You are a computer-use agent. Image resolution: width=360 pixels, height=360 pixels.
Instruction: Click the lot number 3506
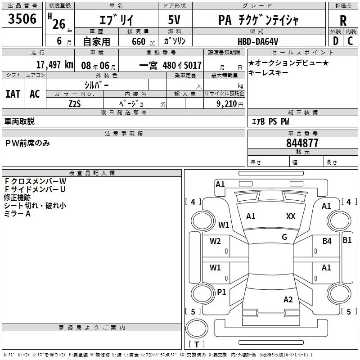coord(22,18)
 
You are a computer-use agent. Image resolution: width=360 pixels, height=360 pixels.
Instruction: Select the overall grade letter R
coord(343,21)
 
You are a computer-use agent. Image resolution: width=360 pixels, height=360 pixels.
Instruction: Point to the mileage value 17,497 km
coord(55,65)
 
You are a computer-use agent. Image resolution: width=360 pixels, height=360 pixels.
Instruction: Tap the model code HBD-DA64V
coord(258,41)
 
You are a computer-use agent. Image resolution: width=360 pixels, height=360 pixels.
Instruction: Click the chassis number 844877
coord(302,143)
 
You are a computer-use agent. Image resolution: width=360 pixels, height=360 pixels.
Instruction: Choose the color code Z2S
coord(75,104)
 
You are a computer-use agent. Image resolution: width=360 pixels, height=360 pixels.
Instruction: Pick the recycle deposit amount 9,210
coord(227,104)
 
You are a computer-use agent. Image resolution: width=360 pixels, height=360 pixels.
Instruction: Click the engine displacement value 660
coord(139,41)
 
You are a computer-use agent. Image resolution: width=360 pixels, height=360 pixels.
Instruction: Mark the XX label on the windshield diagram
coord(291,216)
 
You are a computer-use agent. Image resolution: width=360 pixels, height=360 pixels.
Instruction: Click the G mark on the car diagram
coord(284,237)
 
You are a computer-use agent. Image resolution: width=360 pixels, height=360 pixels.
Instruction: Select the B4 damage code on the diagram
coord(327,241)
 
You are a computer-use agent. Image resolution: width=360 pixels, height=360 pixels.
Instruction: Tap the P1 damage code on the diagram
coord(221,292)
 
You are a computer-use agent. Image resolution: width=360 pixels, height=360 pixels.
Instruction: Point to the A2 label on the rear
coord(288,300)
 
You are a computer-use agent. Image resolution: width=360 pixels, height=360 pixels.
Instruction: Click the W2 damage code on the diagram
coord(215,241)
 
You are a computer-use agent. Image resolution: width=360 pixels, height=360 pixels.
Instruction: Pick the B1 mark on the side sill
coord(347,240)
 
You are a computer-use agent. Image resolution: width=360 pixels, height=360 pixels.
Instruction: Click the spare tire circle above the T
coord(197,328)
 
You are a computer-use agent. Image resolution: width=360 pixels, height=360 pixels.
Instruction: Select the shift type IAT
coord(13,94)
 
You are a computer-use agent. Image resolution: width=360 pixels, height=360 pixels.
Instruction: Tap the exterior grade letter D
coord(336,41)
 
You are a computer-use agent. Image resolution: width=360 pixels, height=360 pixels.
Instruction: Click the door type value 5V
coord(174,20)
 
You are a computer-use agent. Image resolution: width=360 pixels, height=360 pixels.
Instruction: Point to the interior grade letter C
coord(350,41)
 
